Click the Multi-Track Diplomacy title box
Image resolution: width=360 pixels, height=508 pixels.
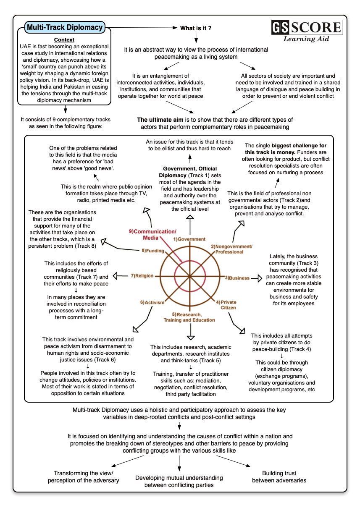(65, 28)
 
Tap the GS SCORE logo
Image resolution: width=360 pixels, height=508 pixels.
(307, 28)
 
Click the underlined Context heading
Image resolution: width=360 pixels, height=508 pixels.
(64, 40)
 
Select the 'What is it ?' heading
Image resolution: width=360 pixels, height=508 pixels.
(196, 28)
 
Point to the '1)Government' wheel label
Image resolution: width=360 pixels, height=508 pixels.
(189, 239)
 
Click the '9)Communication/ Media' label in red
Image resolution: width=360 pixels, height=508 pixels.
(152, 234)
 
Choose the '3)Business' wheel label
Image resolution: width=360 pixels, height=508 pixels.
(237, 278)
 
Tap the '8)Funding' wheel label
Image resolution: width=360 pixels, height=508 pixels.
(150, 251)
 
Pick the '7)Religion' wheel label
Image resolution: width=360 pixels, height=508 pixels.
(142, 276)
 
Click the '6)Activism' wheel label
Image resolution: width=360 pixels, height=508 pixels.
(152, 302)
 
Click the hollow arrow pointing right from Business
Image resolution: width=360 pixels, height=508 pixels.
(259, 278)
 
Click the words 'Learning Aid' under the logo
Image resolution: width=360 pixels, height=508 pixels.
(306, 39)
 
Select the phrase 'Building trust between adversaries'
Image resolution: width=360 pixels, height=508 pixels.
(279, 477)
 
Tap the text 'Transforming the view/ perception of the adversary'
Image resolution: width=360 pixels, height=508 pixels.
(83, 477)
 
